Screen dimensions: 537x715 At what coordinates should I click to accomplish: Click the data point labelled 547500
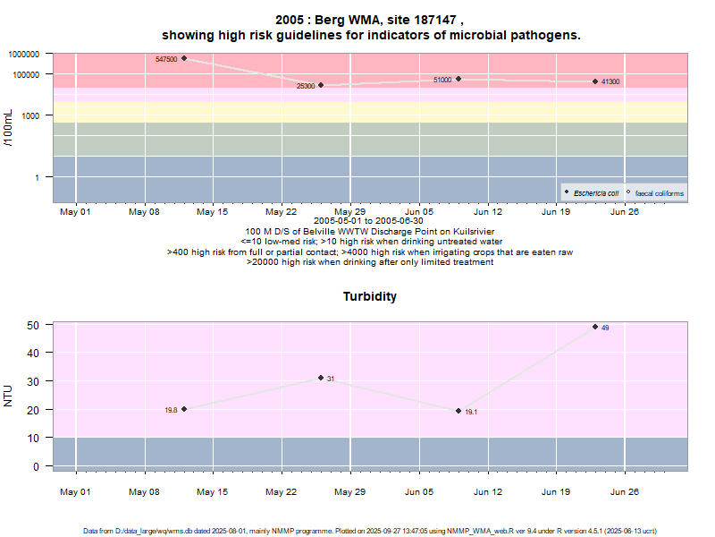184,59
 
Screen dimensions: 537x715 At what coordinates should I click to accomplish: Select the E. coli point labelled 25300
321,85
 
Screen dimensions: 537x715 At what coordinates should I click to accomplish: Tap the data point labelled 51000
458,79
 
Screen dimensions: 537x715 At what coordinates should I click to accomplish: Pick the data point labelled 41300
595,81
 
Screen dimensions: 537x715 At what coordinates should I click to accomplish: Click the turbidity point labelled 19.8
184,409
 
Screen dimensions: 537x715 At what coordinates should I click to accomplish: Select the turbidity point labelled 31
321,378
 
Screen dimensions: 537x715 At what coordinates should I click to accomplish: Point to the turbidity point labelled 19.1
458,411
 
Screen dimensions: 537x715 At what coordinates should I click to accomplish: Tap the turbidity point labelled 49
595,327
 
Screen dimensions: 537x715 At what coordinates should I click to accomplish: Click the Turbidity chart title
370,296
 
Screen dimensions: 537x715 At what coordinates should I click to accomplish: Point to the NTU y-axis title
9,396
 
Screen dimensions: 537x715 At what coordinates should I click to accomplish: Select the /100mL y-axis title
9,127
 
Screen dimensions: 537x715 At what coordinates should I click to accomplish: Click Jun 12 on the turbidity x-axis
487,490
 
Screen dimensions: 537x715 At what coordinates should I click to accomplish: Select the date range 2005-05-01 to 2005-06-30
368,221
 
